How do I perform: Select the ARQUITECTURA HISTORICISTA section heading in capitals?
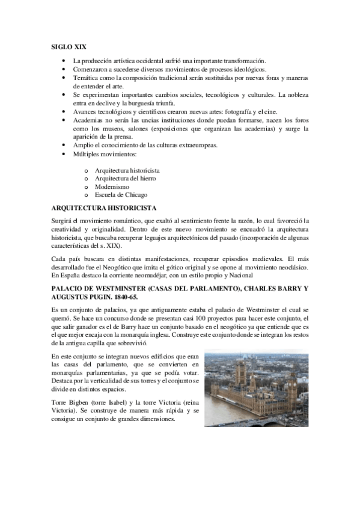tap(105, 208)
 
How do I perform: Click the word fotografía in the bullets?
tap(221, 112)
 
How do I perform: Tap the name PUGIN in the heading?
tap(93, 297)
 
